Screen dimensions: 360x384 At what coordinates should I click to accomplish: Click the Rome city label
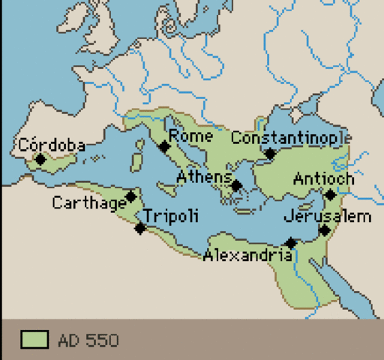(x=191, y=136)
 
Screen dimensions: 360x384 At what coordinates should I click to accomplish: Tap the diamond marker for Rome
(x=164, y=146)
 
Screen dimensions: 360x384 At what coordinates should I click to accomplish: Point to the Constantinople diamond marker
(x=270, y=154)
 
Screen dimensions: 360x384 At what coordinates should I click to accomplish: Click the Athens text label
(x=205, y=177)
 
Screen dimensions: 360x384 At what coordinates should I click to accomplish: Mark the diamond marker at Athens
(x=236, y=185)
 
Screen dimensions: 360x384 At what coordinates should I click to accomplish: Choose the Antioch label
(x=323, y=179)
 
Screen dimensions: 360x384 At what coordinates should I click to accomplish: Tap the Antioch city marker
(x=330, y=195)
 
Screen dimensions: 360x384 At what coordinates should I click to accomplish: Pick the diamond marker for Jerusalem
(x=324, y=230)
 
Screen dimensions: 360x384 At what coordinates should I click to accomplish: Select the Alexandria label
(x=247, y=255)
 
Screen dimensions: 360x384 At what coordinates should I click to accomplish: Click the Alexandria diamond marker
(x=291, y=242)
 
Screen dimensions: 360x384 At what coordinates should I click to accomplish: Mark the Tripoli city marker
(x=139, y=228)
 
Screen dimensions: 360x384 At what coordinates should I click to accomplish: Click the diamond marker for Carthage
(x=131, y=196)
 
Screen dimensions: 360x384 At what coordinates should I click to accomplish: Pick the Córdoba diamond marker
(x=40, y=159)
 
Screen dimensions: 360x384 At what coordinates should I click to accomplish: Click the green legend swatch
(x=34, y=340)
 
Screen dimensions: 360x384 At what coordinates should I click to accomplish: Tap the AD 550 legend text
(x=88, y=341)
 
